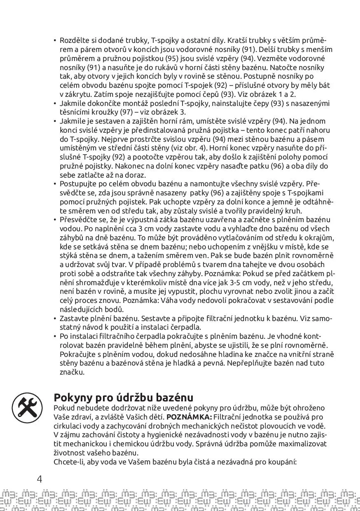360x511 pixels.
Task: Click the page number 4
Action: point(40,479)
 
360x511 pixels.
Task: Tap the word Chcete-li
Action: point(68,462)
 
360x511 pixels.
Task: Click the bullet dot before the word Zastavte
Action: point(55,319)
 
